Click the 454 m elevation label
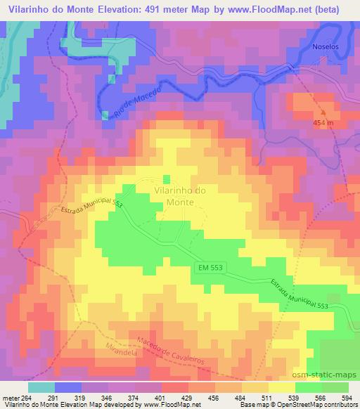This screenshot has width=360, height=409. (x=323, y=124)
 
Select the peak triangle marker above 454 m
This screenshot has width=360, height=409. (x=323, y=112)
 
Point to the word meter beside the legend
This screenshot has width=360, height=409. (x=11, y=397)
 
